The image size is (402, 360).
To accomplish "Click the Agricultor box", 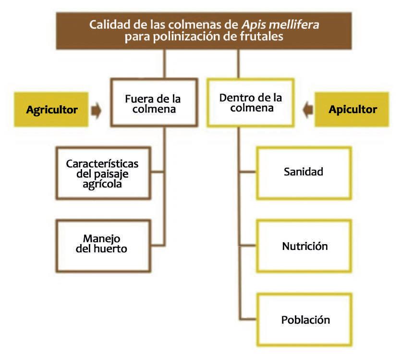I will pos(52,110).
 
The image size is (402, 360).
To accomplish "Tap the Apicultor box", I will pos(352,110).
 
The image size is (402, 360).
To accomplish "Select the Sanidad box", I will pos(303,172).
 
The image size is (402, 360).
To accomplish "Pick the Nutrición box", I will pos(305,247).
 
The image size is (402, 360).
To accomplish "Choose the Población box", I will pos(305,320).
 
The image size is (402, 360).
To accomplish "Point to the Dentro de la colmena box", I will pos(250,103).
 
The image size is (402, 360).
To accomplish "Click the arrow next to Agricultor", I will pos(97,111).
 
